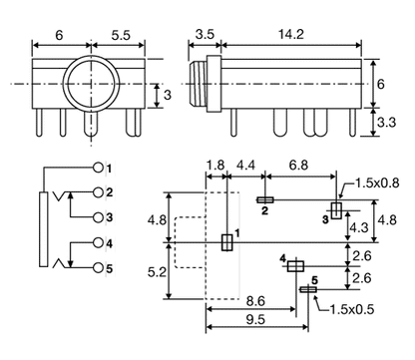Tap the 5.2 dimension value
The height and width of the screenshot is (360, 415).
coord(154,270)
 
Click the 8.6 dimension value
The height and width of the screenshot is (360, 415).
coord(254,299)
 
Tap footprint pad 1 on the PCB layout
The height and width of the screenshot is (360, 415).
coord(225,241)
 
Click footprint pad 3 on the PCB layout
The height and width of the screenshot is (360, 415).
coord(335,208)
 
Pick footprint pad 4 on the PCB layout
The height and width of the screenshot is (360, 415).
coord(294,266)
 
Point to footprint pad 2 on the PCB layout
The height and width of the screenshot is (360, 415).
coord(266,200)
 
